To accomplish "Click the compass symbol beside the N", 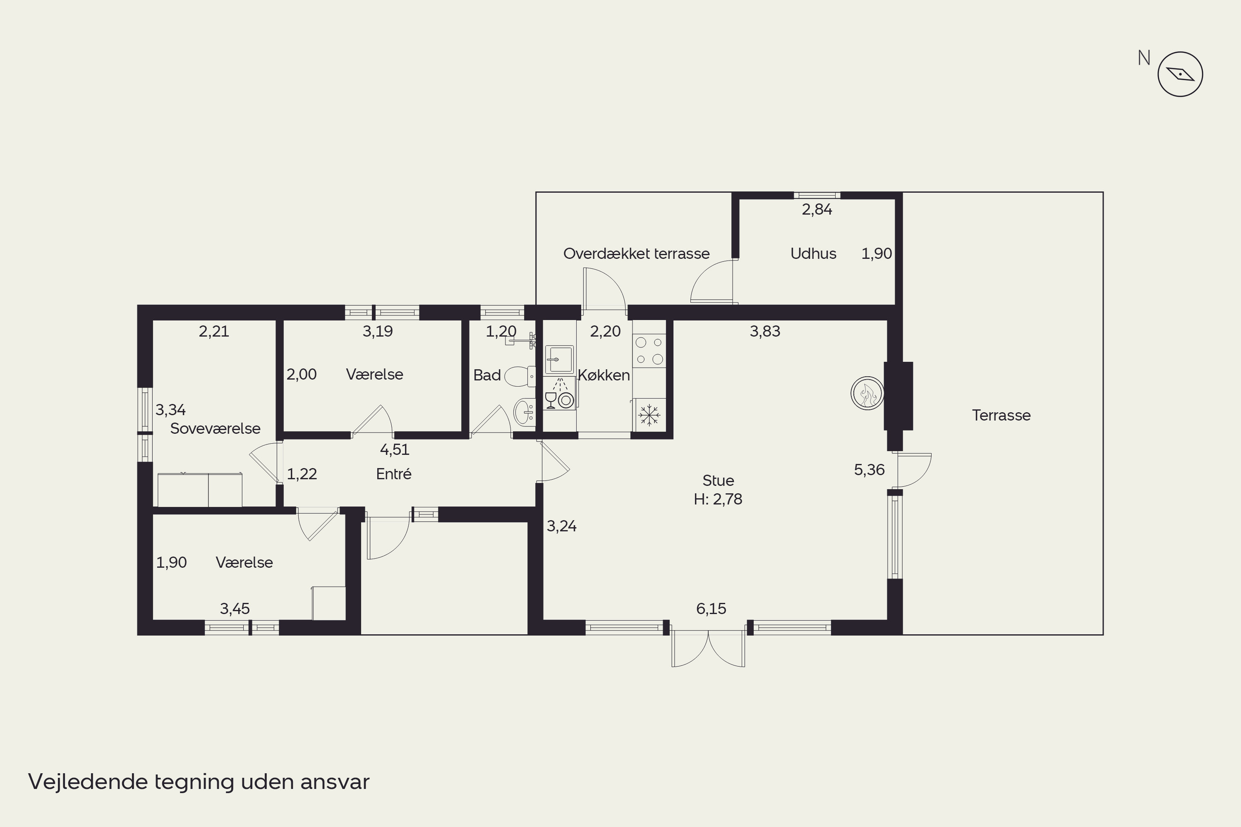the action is pos(1180,74).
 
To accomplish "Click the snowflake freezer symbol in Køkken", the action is pos(649,415).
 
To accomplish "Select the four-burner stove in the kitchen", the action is pos(649,351).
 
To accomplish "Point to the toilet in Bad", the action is pos(520,377).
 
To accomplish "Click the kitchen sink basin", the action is pos(559,360).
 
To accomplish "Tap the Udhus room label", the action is pos(813,254).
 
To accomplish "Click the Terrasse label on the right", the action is pos(1001,415).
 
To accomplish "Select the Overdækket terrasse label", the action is pos(636,254).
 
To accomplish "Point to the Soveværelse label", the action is pos(215,428).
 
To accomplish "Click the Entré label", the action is pos(394,473).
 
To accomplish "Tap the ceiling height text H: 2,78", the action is pos(718,499).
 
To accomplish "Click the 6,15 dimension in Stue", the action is pos(711,609).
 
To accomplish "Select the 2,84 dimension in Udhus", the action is pos(817,209).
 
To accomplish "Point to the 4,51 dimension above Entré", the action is pos(395,449).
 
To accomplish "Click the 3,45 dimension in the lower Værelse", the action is pos(235,609).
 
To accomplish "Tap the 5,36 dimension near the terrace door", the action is pos(869,470).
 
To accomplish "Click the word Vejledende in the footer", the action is pos(88,782).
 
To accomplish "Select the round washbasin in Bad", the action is pos(525,412).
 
